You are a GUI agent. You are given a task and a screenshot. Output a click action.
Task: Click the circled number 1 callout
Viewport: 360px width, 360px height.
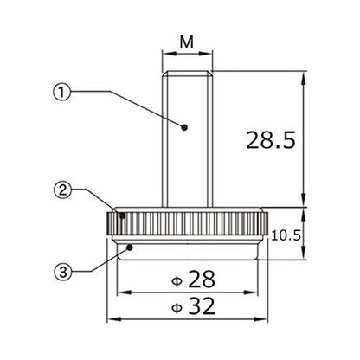[x=61, y=92]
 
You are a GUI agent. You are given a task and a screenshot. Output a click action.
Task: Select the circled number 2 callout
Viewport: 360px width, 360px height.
[x=62, y=190]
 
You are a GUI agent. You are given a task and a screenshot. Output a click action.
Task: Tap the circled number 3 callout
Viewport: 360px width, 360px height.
[x=62, y=271]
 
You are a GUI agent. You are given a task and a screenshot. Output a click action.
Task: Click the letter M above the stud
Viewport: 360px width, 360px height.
[x=187, y=42]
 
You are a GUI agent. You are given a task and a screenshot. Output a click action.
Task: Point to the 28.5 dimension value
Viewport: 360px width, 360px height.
[x=271, y=140]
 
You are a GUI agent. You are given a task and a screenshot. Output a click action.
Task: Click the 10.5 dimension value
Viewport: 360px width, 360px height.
[x=286, y=235]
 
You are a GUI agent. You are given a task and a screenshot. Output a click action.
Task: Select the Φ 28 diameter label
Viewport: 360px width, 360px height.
[x=193, y=280]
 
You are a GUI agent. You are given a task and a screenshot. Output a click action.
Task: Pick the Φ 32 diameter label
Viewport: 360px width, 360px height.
[x=193, y=305]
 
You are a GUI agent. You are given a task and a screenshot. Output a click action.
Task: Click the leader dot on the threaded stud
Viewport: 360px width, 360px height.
[x=184, y=127]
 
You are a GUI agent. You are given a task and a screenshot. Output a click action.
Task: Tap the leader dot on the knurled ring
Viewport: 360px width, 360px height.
[x=123, y=215]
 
